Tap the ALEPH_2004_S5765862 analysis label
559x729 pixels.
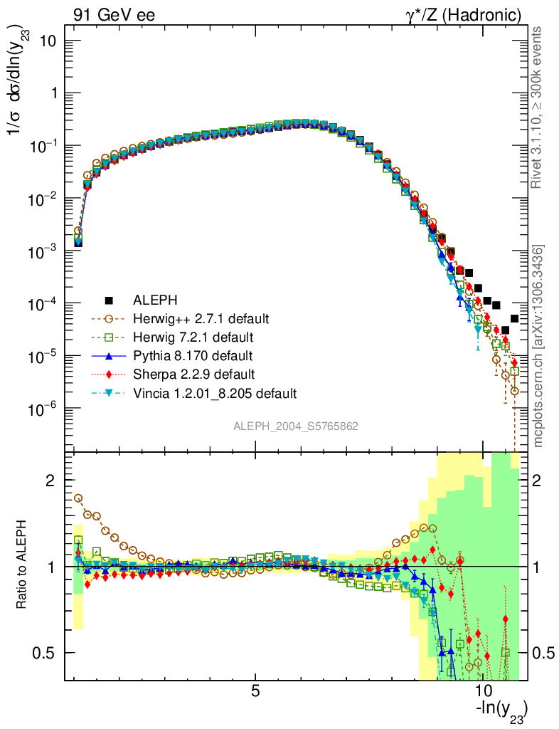click(x=295, y=426)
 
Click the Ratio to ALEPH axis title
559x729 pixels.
click(x=23, y=567)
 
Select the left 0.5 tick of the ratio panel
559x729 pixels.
click(x=47, y=653)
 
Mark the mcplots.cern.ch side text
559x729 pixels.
click(x=538, y=346)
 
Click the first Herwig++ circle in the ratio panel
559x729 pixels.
click(x=78, y=498)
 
